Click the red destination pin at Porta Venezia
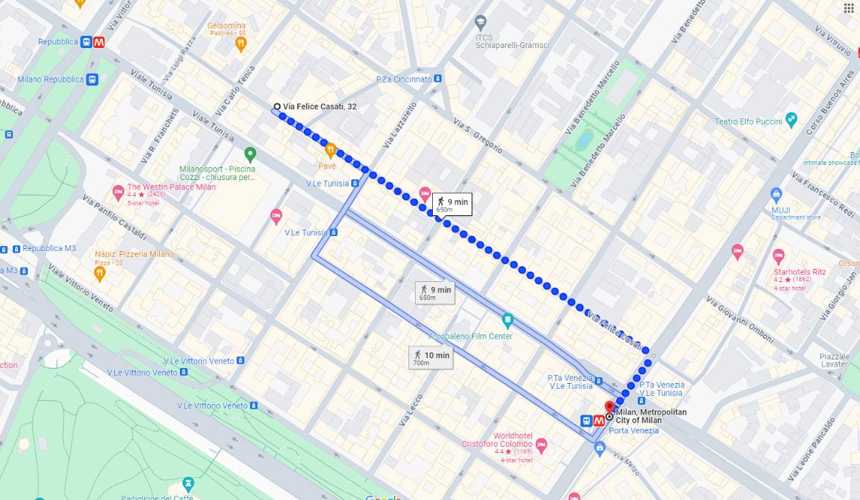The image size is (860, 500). coord(610,407)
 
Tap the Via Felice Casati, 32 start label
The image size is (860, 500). coord(319,107)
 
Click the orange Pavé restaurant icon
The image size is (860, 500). coord(330,151)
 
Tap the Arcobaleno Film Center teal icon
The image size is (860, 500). coord(507,319)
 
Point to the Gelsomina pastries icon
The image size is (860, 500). coord(242,44)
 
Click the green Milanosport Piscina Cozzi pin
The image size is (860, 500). coord(250,154)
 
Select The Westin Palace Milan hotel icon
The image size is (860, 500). coord(118,192)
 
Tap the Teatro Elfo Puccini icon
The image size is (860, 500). coord(791,121)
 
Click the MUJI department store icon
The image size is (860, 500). coord(776,194)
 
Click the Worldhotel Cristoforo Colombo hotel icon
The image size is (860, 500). coord(541,445)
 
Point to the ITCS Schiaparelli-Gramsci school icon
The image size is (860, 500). coord(481,22)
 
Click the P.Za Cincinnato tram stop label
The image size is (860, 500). coord(404,79)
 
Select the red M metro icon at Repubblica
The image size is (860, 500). coord(100,42)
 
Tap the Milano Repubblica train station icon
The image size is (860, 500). coord(92,80)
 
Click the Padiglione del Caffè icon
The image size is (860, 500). coord(188,483)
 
